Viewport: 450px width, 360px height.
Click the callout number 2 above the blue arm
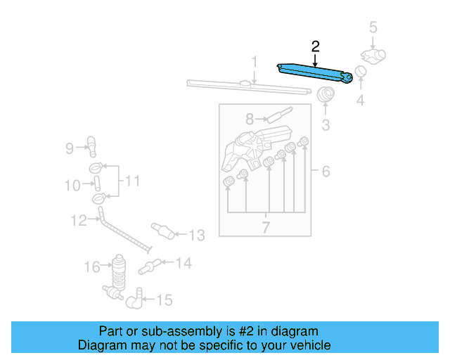(315, 47)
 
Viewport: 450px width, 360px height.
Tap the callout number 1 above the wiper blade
(255, 62)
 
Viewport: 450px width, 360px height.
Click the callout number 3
(326, 125)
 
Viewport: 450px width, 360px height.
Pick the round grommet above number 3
(326, 95)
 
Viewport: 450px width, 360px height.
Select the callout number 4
(360, 100)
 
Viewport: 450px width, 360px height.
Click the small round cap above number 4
(360, 71)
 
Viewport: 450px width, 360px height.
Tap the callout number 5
(373, 27)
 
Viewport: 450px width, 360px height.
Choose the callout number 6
(326, 171)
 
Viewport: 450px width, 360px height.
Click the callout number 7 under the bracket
(266, 227)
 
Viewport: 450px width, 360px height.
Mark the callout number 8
(249, 120)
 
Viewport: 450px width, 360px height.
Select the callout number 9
(70, 148)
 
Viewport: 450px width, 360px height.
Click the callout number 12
(79, 220)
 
